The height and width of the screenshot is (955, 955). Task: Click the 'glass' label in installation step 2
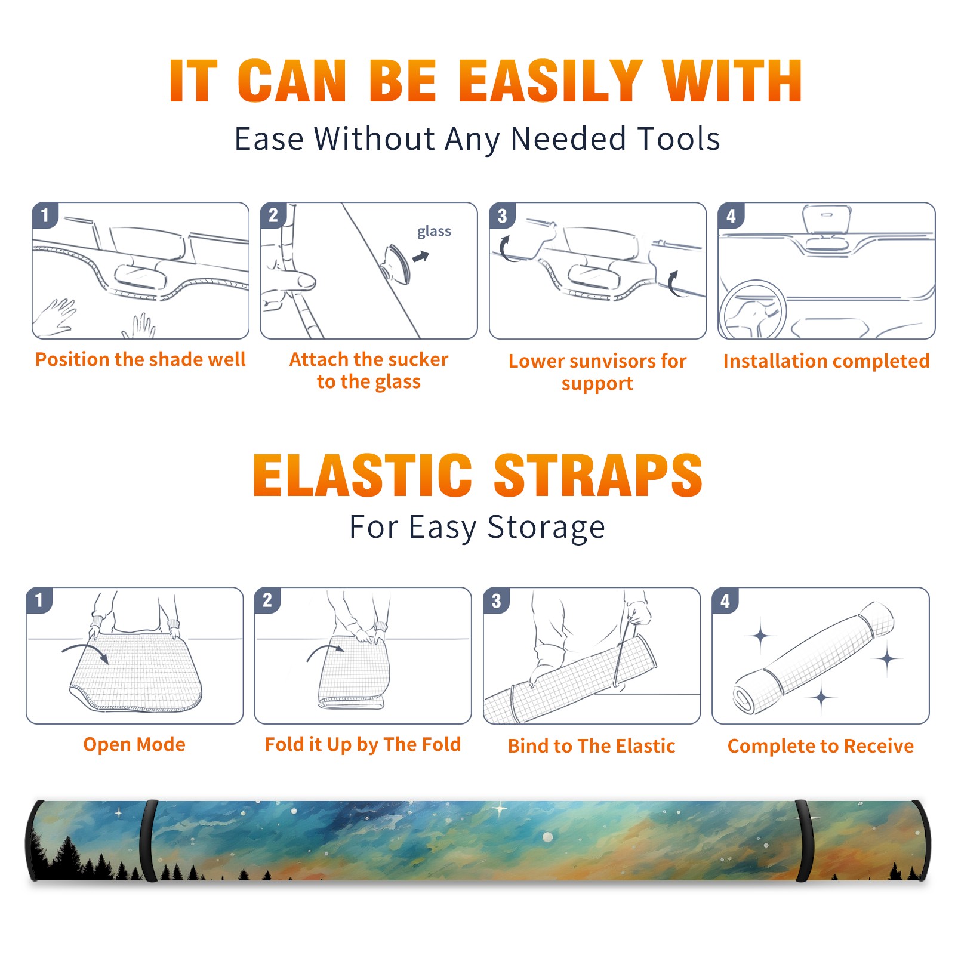click(434, 232)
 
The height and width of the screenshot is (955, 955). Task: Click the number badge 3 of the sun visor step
click(502, 215)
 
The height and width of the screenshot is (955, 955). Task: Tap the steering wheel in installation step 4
click(753, 310)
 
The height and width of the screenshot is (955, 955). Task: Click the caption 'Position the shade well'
click(140, 359)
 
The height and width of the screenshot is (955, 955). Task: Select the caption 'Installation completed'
click(826, 361)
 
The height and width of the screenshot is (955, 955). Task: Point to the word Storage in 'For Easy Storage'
click(546, 528)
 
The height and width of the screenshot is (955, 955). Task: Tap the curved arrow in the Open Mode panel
click(85, 651)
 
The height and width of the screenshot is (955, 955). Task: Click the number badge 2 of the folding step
click(267, 600)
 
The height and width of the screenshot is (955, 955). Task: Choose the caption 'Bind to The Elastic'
click(592, 746)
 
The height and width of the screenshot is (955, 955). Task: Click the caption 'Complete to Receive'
click(821, 746)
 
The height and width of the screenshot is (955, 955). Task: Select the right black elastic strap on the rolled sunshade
click(803, 841)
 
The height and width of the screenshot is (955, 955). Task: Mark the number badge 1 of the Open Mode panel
click(39, 600)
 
